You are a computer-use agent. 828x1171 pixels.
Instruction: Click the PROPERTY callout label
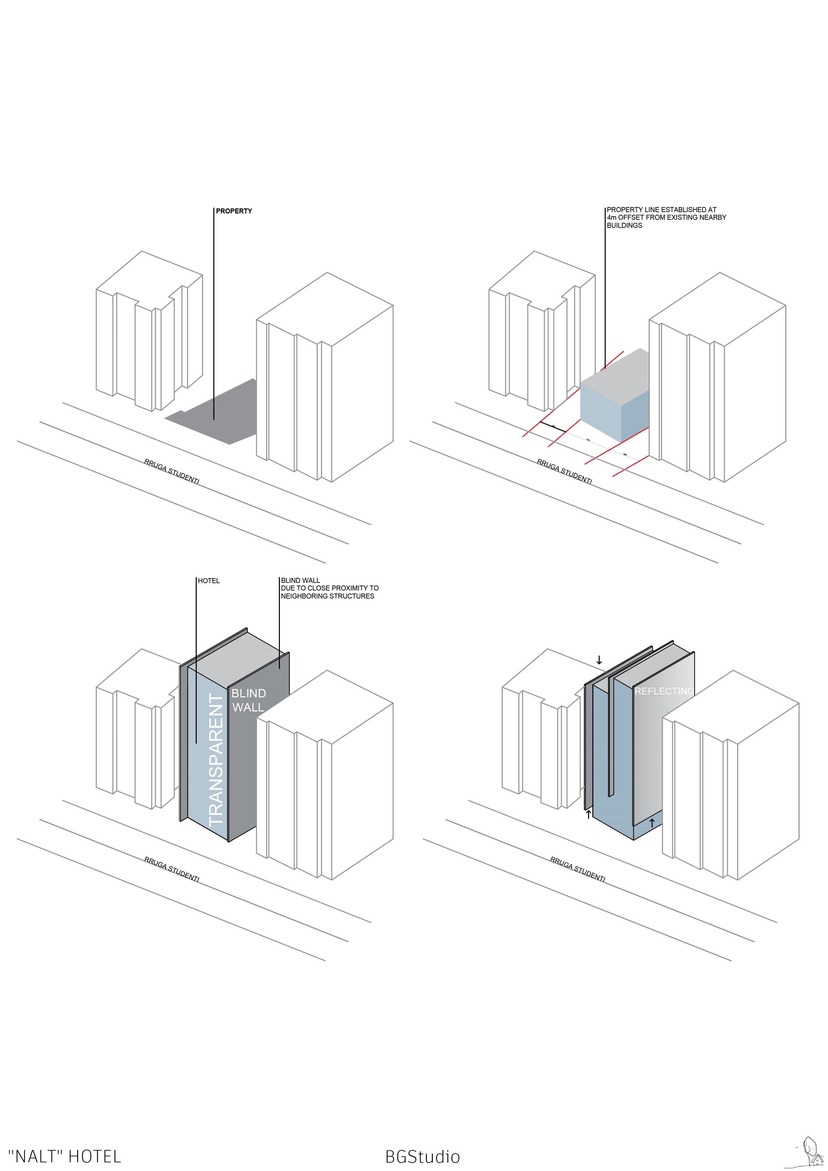click(234, 211)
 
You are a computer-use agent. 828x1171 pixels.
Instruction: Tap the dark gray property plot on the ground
click(219, 413)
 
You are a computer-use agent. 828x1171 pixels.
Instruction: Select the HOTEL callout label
click(209, 581)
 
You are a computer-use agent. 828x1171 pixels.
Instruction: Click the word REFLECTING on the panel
click(664, 691)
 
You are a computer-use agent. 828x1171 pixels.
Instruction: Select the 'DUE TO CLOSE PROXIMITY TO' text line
click(330, 588)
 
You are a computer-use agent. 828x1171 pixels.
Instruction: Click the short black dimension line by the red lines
click(552, 427)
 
